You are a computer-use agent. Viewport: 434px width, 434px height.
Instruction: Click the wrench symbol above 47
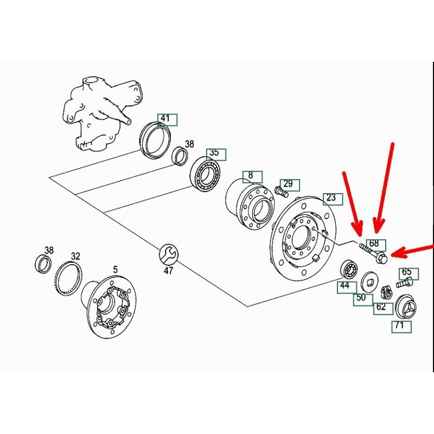coord(169,254)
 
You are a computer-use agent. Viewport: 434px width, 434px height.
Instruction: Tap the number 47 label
coord(169,270)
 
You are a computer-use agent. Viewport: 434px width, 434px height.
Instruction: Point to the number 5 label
coord(115,269)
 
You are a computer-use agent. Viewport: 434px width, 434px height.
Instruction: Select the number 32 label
coord(75,256)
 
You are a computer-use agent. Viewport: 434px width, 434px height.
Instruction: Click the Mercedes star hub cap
coord(406,308)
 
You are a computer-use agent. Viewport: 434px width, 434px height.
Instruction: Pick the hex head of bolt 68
coord(381,259)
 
